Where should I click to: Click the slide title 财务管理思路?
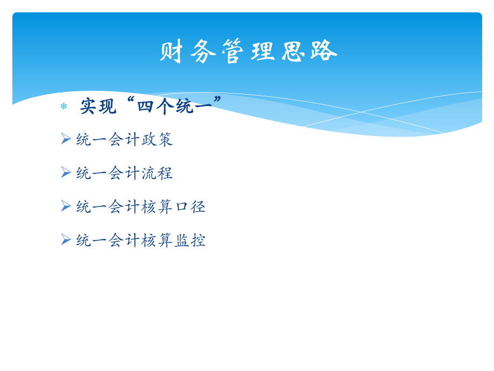click(248, 52)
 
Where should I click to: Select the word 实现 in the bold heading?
click(98, 106)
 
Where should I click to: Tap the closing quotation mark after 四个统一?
click(217, 100)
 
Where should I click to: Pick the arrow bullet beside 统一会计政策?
click(66, 139)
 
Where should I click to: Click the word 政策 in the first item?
click(157, 139)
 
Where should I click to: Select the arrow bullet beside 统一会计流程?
click(66, 173)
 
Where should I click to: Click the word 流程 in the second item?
click(157, 173)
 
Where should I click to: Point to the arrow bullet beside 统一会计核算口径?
click(66, 206)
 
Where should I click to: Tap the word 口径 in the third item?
click(190, 206)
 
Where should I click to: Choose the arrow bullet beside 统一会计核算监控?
click(66, 240)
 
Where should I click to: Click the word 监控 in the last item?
click(190, 240)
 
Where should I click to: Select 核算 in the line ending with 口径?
click(157, 206)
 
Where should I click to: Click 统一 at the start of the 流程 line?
click(92, 173)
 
